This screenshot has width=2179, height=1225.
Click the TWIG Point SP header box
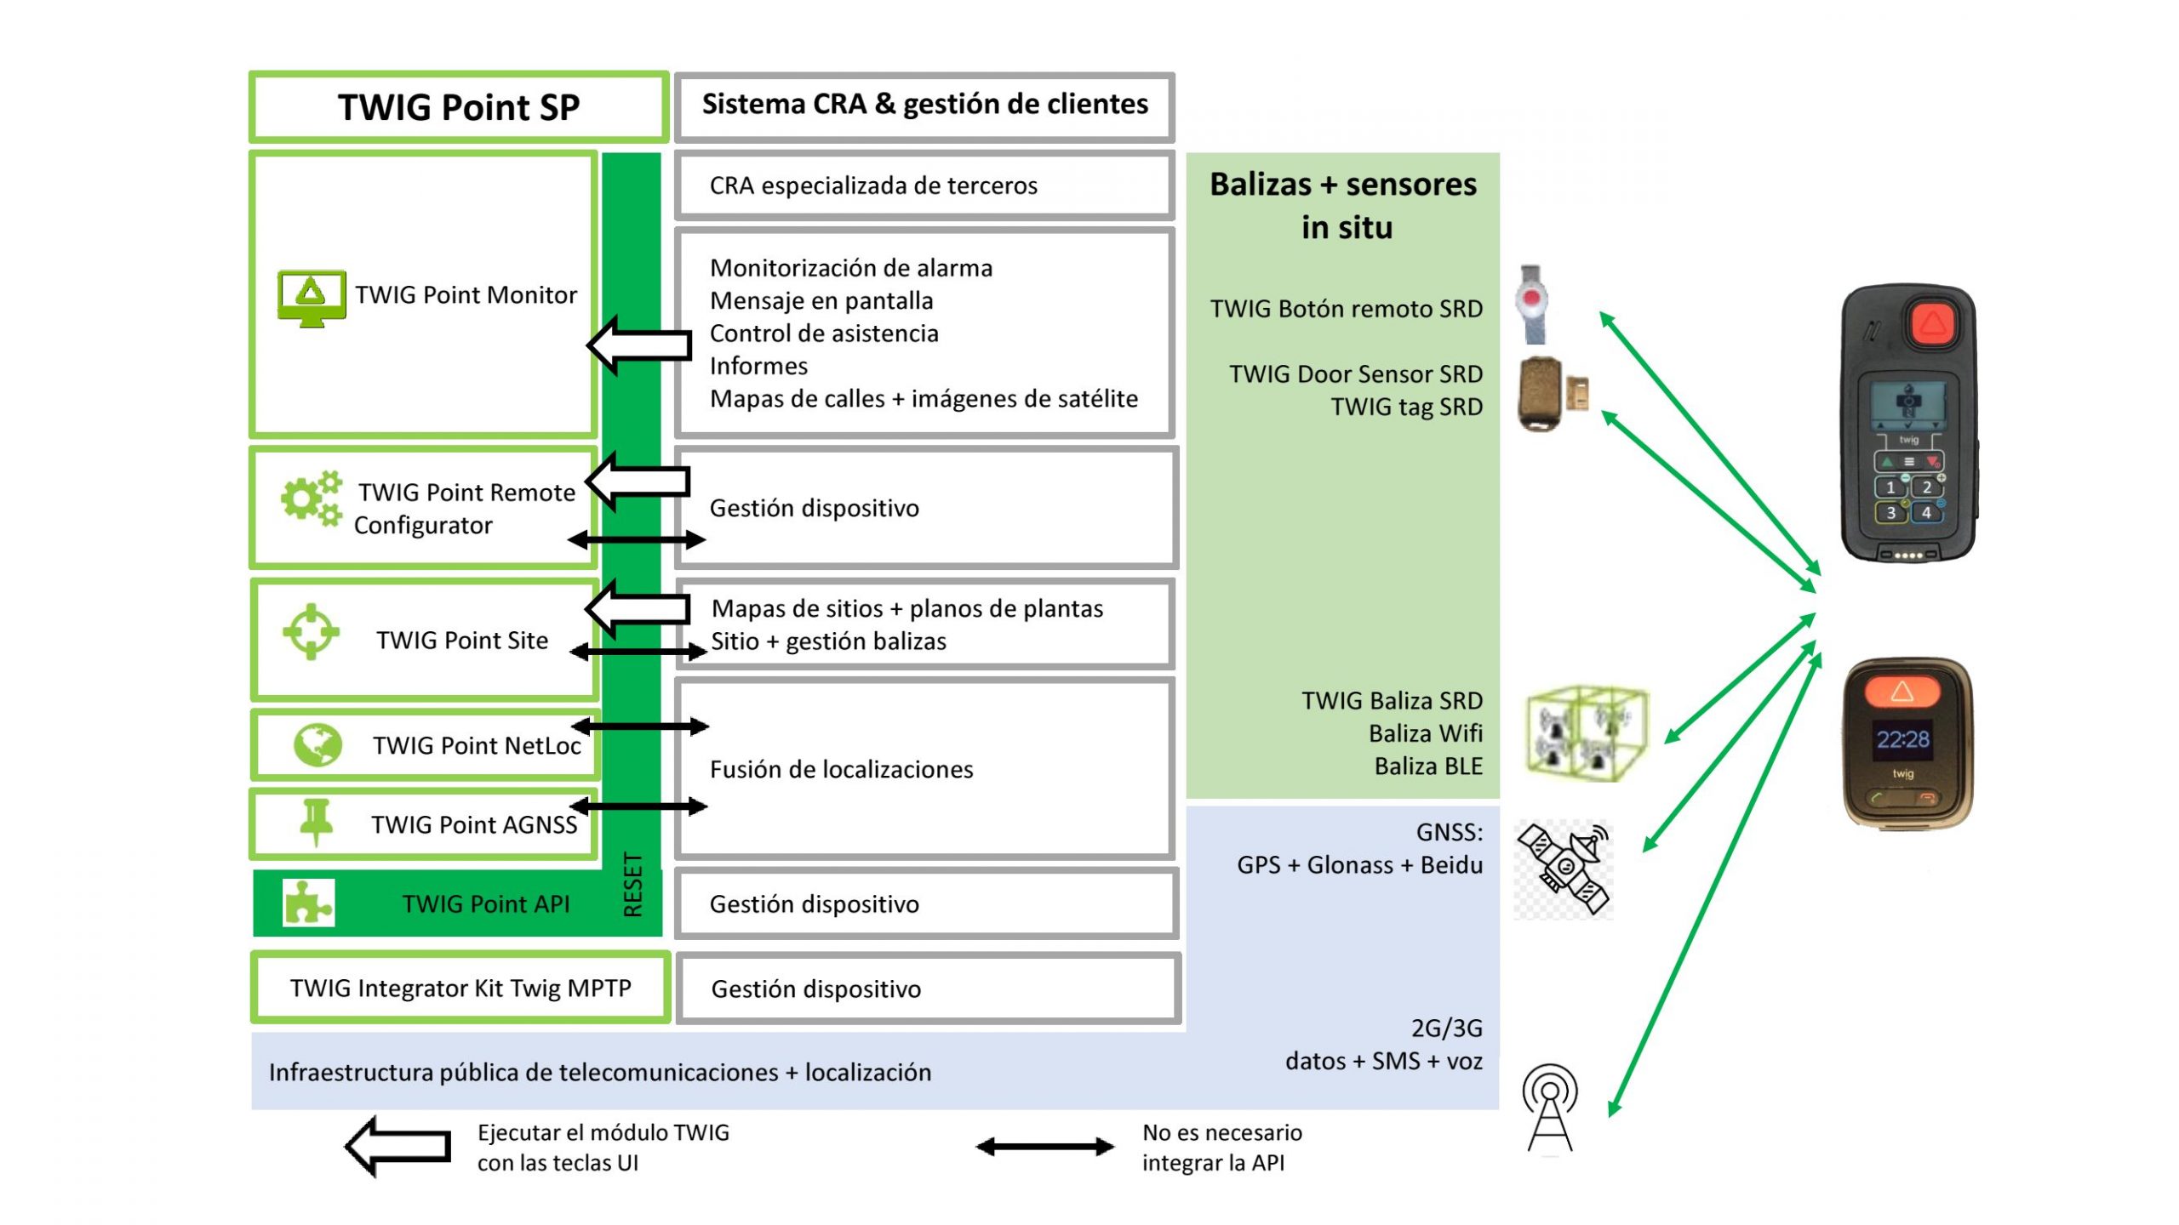pyautogui.click(x=459, y=107)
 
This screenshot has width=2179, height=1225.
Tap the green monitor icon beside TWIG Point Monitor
pyautogui.click(x=312, y=298)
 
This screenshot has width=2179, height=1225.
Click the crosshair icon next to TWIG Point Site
pyautogui.click(x=311, y=631)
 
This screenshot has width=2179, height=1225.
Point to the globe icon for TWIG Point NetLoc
pyautogui.click(x=317, y=745)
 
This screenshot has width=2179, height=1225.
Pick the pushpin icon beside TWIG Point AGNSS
pyautogui.click(x=317, y=821)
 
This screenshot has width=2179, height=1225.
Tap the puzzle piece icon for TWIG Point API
pyautogui.click(x=308, y=903)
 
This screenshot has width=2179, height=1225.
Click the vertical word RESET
pyautogui.click(x=632, y=884)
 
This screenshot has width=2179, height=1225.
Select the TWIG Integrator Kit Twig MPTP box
pyautogui.click(x=460, y=988)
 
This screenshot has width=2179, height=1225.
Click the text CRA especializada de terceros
pyautogui.click(x=873, y=185)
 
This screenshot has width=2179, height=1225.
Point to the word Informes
pyautogui.click(x=758, y=366)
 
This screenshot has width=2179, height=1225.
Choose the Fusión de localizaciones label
pyautogui.click(x=841, y=769)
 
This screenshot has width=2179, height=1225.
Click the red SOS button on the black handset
pyautogui.click(x=1932, y=323)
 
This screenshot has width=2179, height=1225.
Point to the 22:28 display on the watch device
pyautogui.click(x=1903, y=738)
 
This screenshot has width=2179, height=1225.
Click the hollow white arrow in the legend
pyautogui.click(x=398, y=1146)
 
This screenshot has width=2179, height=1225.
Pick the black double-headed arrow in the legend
pyautogui.click(x=1044, y=1147)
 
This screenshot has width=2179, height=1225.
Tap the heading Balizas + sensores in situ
pyautogui.click(x=1343, y=205)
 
